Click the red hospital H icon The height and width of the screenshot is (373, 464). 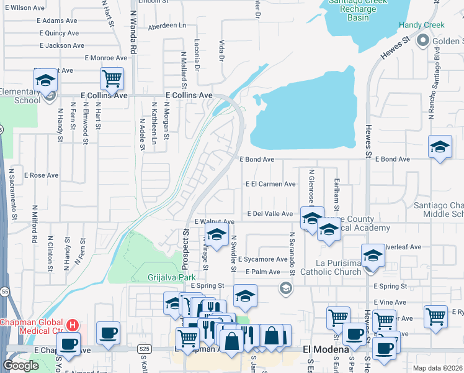73,325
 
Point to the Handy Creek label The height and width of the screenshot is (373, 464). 422,25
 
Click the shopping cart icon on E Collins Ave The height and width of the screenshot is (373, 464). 112,79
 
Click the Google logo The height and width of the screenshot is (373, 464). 20,366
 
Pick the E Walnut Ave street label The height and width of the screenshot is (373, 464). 214,221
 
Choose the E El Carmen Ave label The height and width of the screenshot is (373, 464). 270,184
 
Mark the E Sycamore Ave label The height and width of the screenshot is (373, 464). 262,259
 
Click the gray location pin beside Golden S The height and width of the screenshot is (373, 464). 424,41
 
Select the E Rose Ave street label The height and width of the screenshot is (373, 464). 41,175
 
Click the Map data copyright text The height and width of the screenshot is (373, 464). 437,368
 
